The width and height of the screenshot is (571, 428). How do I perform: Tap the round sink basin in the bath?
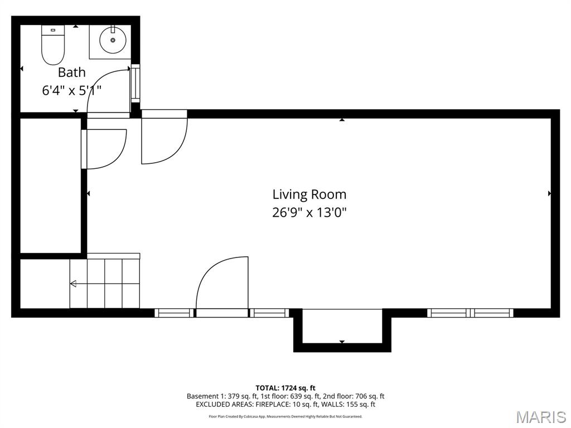coord(113,40)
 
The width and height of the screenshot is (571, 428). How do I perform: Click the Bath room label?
coord(72,72)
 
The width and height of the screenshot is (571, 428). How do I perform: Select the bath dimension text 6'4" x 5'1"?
coord(72,90)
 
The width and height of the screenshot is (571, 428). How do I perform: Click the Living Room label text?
coord(309,194)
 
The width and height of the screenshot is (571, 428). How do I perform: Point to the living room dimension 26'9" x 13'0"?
coord(309,212)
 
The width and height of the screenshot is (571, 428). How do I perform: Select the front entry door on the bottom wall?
coord(222,284)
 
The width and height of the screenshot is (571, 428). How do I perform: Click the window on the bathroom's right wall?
coord(136,84)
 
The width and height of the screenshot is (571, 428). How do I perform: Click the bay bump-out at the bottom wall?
coord(342,329)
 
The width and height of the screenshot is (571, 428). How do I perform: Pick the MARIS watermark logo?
coord(540,417)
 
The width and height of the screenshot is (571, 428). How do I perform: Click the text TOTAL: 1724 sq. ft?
coord(285,388)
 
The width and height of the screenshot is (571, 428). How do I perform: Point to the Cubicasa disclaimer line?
coord(285,416)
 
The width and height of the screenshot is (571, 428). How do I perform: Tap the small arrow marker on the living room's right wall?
coord(550,193)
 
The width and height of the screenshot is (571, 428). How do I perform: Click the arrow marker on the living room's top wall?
coord(342,119)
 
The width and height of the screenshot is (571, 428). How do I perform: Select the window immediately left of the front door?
coord(174,313)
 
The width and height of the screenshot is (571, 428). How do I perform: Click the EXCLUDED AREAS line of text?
coord(285,405)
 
